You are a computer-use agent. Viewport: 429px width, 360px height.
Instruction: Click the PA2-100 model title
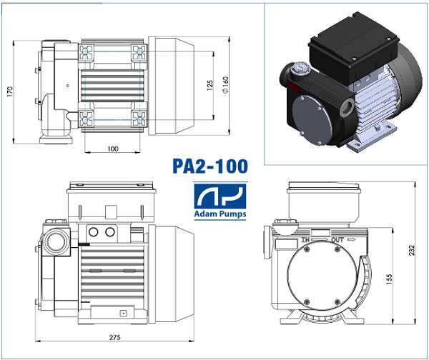[x=210, y=166]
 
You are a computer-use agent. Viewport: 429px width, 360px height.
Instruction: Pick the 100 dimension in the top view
[x=113, y=149]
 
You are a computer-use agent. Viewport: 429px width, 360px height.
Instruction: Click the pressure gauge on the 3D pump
[x=295, y=71]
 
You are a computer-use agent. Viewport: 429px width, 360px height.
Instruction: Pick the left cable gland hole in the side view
[x=94, y=232]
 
